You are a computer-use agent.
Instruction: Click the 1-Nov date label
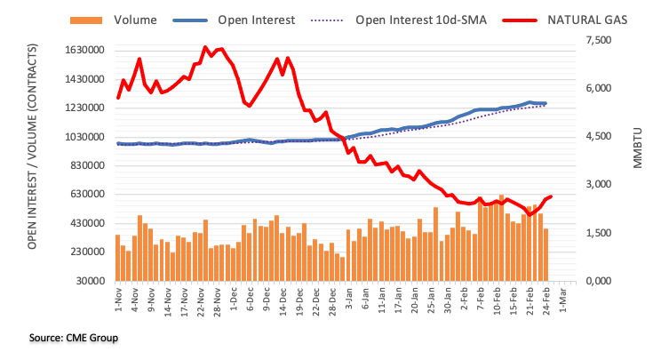(x=117, y=300)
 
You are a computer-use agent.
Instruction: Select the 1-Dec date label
(x=233, y=300)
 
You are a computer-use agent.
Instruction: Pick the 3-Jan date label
(x=348, y=300)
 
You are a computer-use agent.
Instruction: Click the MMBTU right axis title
(x=639, y=146)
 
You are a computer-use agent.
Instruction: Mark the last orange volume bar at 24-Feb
(x=546, y=254)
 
